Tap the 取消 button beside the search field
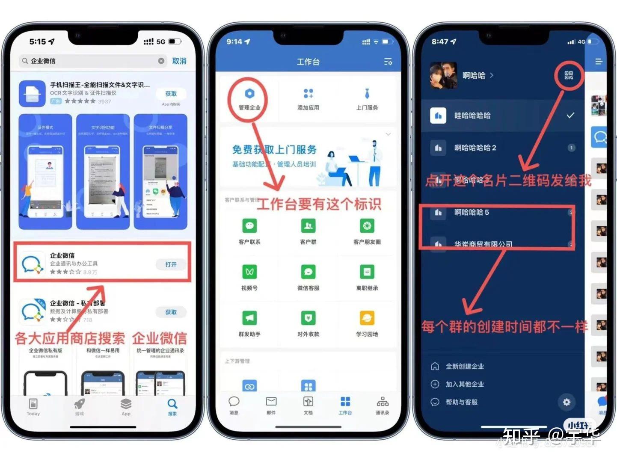(179, 61)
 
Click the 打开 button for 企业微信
(171, 264)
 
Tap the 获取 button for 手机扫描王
(171, 94)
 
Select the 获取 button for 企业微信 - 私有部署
(171, 312)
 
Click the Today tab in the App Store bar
(33, 406)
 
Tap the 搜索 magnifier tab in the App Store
(172, 406)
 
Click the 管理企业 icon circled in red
(249, 94)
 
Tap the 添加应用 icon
(308, 94)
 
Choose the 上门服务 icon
(367, 94)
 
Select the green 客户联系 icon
(249, 225)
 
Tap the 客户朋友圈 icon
(367, 225)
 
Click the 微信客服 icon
(308, 272)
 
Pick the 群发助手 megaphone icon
(249, 318)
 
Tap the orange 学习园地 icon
(367, 318)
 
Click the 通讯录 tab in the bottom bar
(382, 405)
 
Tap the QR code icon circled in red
(569, 75)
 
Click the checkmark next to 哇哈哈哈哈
(570, 115)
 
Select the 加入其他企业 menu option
(464, 384)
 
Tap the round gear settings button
(567, 402)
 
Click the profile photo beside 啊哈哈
(443, 75)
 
